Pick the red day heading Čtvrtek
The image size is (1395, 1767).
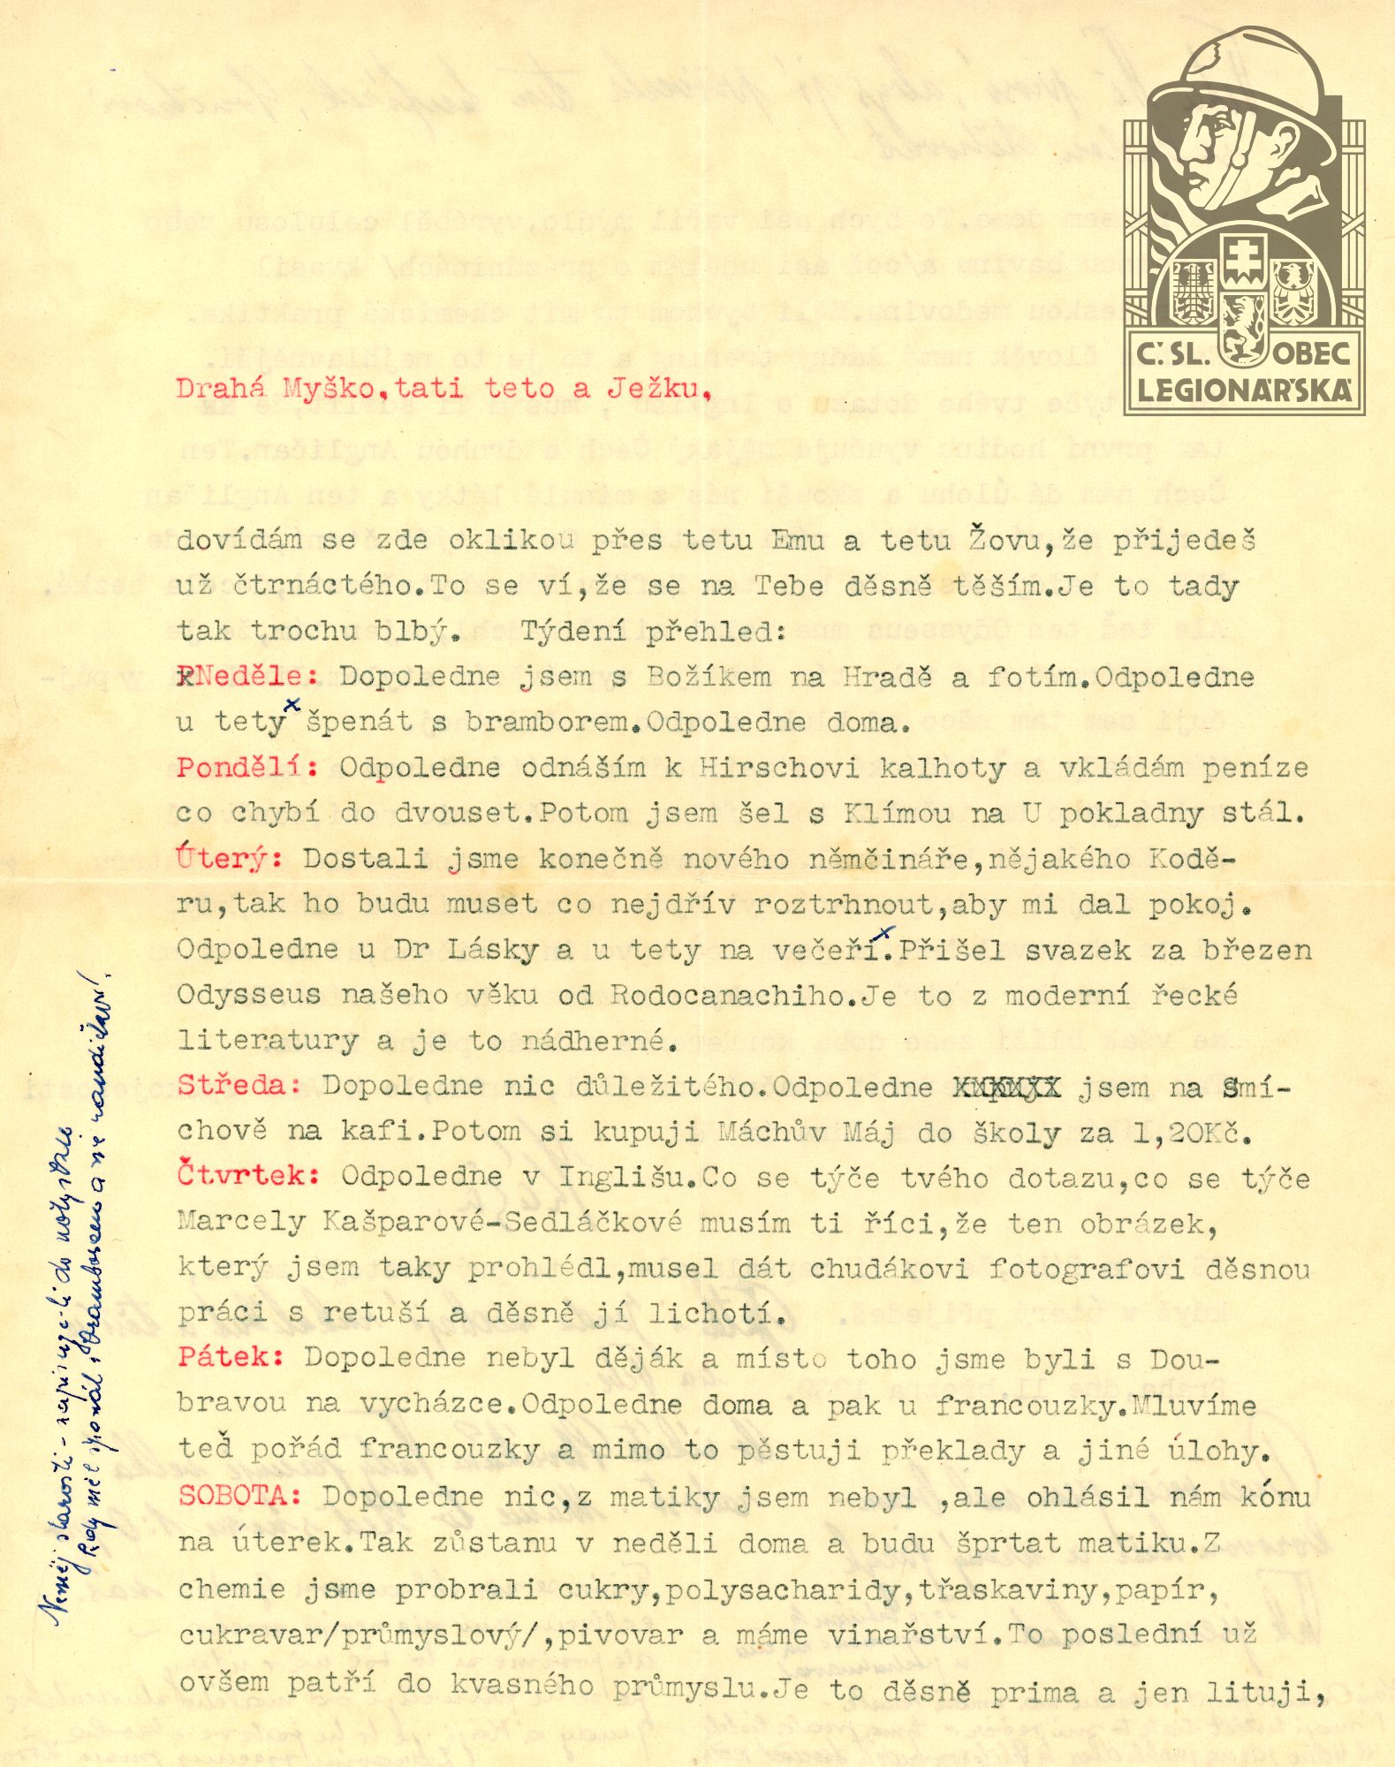(x=246, y=1176)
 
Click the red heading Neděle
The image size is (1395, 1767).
(x=251, y=677)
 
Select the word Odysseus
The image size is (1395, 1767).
(x=248, y=995)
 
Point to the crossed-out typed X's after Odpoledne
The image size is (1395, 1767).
(x=1005, y=1087)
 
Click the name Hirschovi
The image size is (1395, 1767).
(x=778, y=767)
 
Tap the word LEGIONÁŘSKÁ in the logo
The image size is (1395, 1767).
(x=1244, y=391)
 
